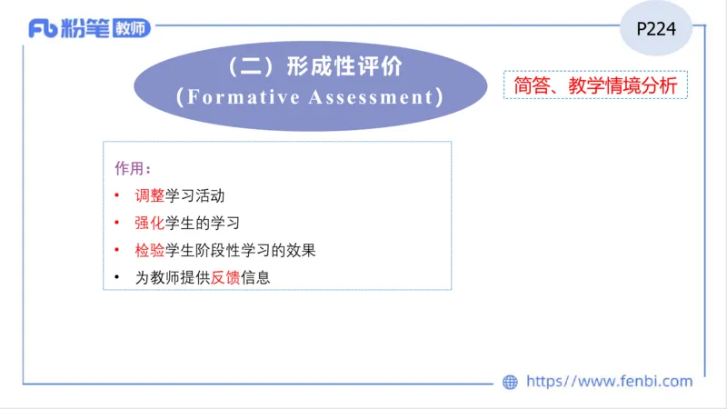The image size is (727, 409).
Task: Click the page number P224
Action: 655,28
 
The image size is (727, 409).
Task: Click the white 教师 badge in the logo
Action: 131,28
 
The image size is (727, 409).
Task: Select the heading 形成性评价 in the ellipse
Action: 343,67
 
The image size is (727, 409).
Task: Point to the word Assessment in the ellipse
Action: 372,97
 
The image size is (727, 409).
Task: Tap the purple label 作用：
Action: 133,169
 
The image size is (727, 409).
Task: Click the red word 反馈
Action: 225,277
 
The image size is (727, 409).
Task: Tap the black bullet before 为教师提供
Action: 117,277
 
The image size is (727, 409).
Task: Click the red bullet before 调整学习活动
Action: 117,195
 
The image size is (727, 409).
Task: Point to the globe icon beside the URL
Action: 511,383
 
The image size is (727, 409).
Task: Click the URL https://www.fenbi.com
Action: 609,382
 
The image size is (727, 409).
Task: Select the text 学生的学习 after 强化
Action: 202,223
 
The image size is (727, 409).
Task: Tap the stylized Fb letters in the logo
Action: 43,29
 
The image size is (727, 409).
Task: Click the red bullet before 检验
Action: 117,250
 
